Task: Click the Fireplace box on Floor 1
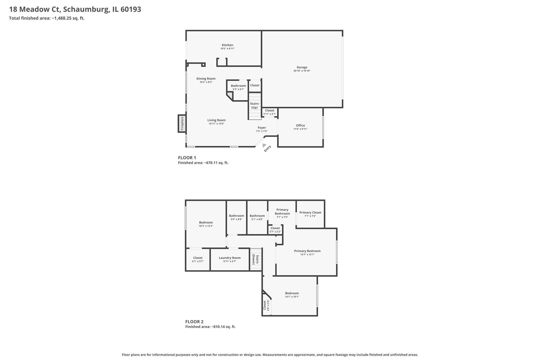coord(182,124)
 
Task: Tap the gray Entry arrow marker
coord(264,146)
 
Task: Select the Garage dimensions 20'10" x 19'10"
coord(302,71)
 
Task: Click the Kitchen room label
coord(227,45)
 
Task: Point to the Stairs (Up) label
coord(254,106)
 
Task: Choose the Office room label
coord(300,125)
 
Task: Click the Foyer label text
coord(262,128)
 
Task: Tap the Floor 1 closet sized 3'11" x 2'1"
coord(269,112)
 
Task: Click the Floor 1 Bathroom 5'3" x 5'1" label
coord(238,87)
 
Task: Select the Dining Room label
coord(206,79)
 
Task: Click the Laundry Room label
coord(230,258)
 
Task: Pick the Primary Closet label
coord(310,212)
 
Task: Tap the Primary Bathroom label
coord(282,212)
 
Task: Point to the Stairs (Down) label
coord(256,259)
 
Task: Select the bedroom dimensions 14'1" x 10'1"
coord(292,297)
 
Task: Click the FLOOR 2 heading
coord(194,322)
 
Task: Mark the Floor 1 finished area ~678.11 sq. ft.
coord(203,163)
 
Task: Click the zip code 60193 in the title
coord(131,9)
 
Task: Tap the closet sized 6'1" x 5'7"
coord(198,259)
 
